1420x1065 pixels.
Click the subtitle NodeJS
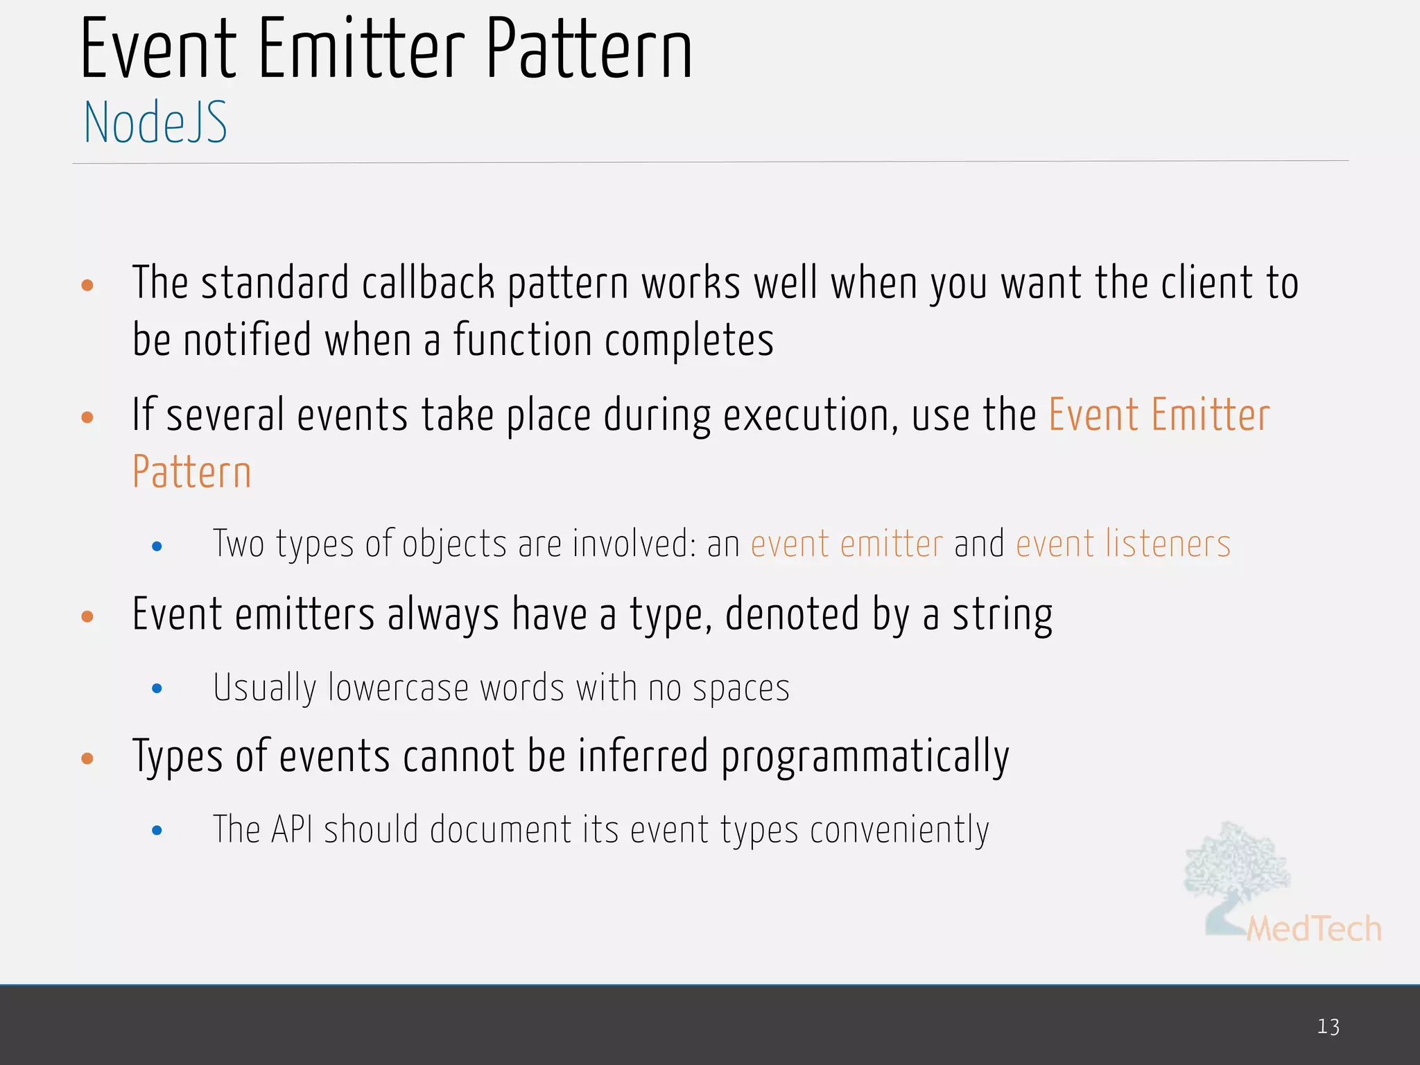(x=155, y=123)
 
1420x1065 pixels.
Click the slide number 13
(x=1328, y=1026)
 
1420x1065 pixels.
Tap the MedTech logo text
(x=1314, y=929)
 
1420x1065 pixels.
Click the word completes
(x=689, y=340)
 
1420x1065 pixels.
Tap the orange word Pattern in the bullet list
(x=191, y=472)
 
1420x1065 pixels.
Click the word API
(x=291, y=829)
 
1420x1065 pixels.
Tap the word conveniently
(x=899, y=831)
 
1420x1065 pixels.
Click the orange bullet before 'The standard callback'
(x=87, y=285)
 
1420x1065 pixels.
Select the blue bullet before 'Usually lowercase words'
(x=157, y=689)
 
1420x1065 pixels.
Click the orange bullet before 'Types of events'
(x=87, y=758)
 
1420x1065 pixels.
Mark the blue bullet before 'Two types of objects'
(x=157, y=546)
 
